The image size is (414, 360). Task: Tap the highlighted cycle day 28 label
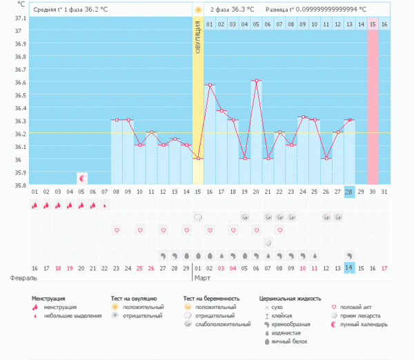click(349, 192)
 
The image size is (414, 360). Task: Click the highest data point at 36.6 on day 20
click(256, 81)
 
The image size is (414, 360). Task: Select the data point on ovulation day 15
click(198, 158)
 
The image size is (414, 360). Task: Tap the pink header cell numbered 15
click(373, 24)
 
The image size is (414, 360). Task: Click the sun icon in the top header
click(198, 10)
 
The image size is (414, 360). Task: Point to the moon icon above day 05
click(82, 178)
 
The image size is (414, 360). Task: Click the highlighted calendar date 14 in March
click(349, 268)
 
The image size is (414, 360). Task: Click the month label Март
click(203, 279)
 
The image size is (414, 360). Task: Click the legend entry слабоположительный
click(223, 323)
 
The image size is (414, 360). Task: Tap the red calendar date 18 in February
click(59, 268)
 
